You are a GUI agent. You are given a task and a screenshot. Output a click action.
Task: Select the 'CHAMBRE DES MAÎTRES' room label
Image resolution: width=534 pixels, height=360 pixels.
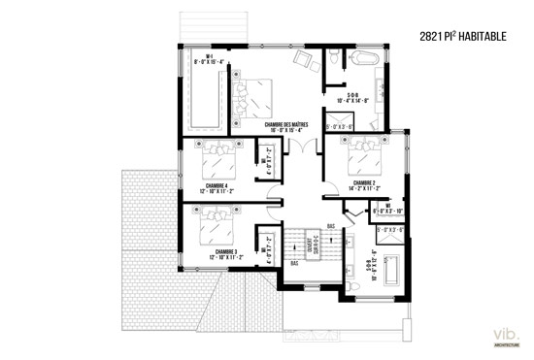(284, 126)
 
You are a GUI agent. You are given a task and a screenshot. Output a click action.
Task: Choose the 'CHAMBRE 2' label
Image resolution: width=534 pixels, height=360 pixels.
(365, 183)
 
